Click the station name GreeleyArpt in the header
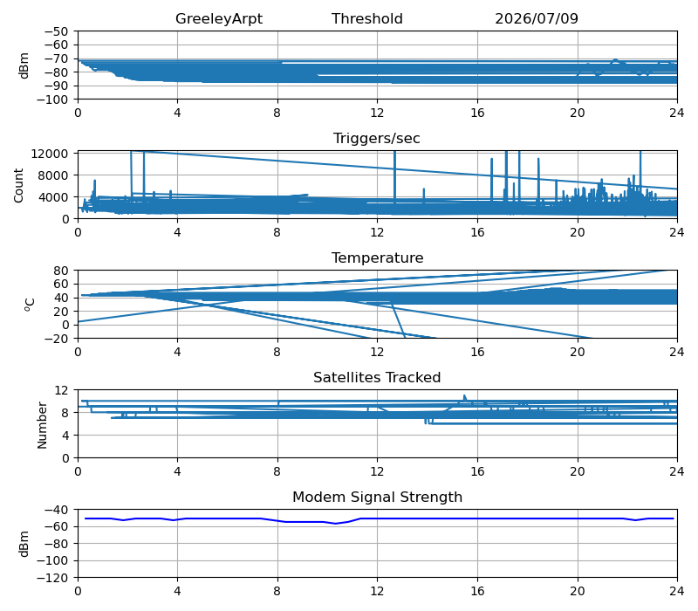pos(219,18)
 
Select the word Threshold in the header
pos(366,18)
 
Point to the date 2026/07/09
pos(537,18)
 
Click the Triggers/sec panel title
pos(377,139)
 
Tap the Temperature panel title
pos(377,257)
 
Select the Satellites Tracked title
pos(377,377)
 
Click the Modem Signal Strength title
pos(377,497)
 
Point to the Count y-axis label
pos(18,185)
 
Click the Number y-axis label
pos(42,425)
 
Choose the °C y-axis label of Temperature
pos(30,305)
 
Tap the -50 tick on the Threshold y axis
pos(56,31)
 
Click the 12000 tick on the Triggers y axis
pos(50,154)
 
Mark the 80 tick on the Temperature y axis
pos(62,271)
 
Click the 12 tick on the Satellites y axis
pos(62,390)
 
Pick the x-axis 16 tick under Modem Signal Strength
pos(477,592)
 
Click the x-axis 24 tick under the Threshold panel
pos(677,113)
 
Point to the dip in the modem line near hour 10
pos(336,523)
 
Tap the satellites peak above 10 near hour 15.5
pos(464,395)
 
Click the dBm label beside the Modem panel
pos(24,544)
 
